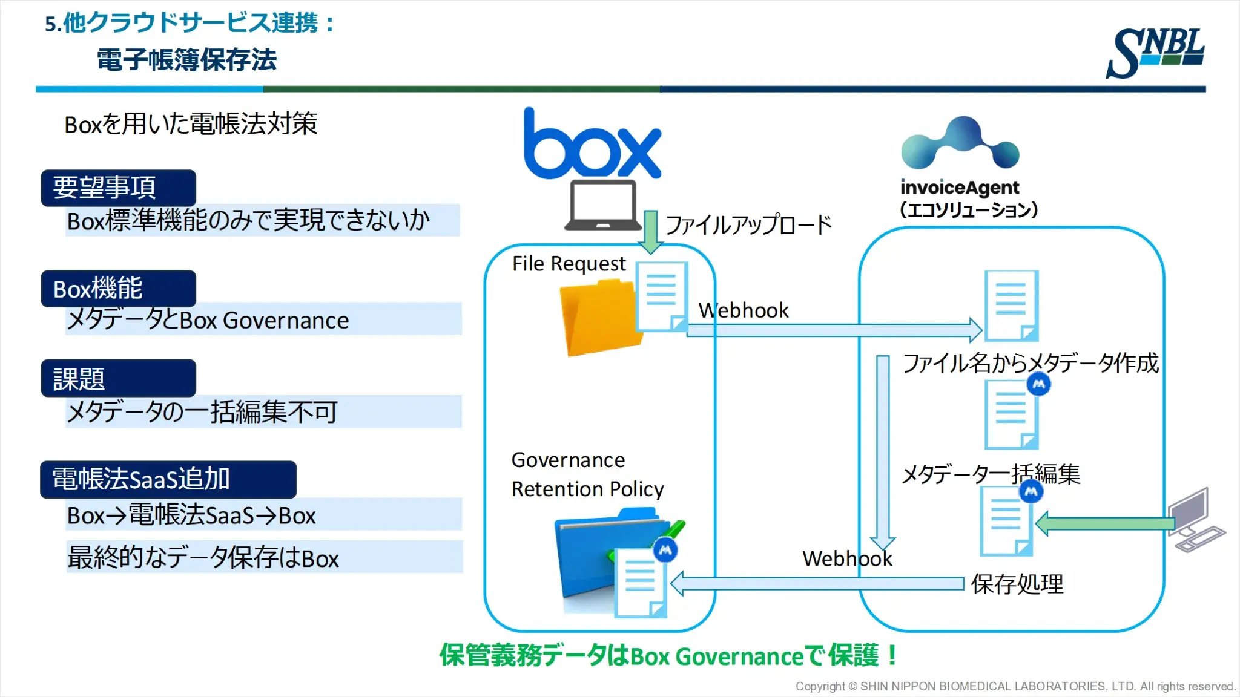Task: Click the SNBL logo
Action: pos(1155,53)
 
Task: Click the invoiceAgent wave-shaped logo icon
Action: pos(960,143)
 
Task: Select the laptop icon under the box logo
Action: pos(602,206)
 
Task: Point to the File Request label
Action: pos(568,264)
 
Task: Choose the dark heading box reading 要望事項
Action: pos(118,188)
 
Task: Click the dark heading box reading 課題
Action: pos(118,379)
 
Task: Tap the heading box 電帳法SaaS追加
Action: pos(168,479)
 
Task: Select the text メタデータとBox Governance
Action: pos(208,320)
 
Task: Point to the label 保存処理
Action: pos(1017,584)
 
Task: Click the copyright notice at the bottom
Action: pos(1015,686)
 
